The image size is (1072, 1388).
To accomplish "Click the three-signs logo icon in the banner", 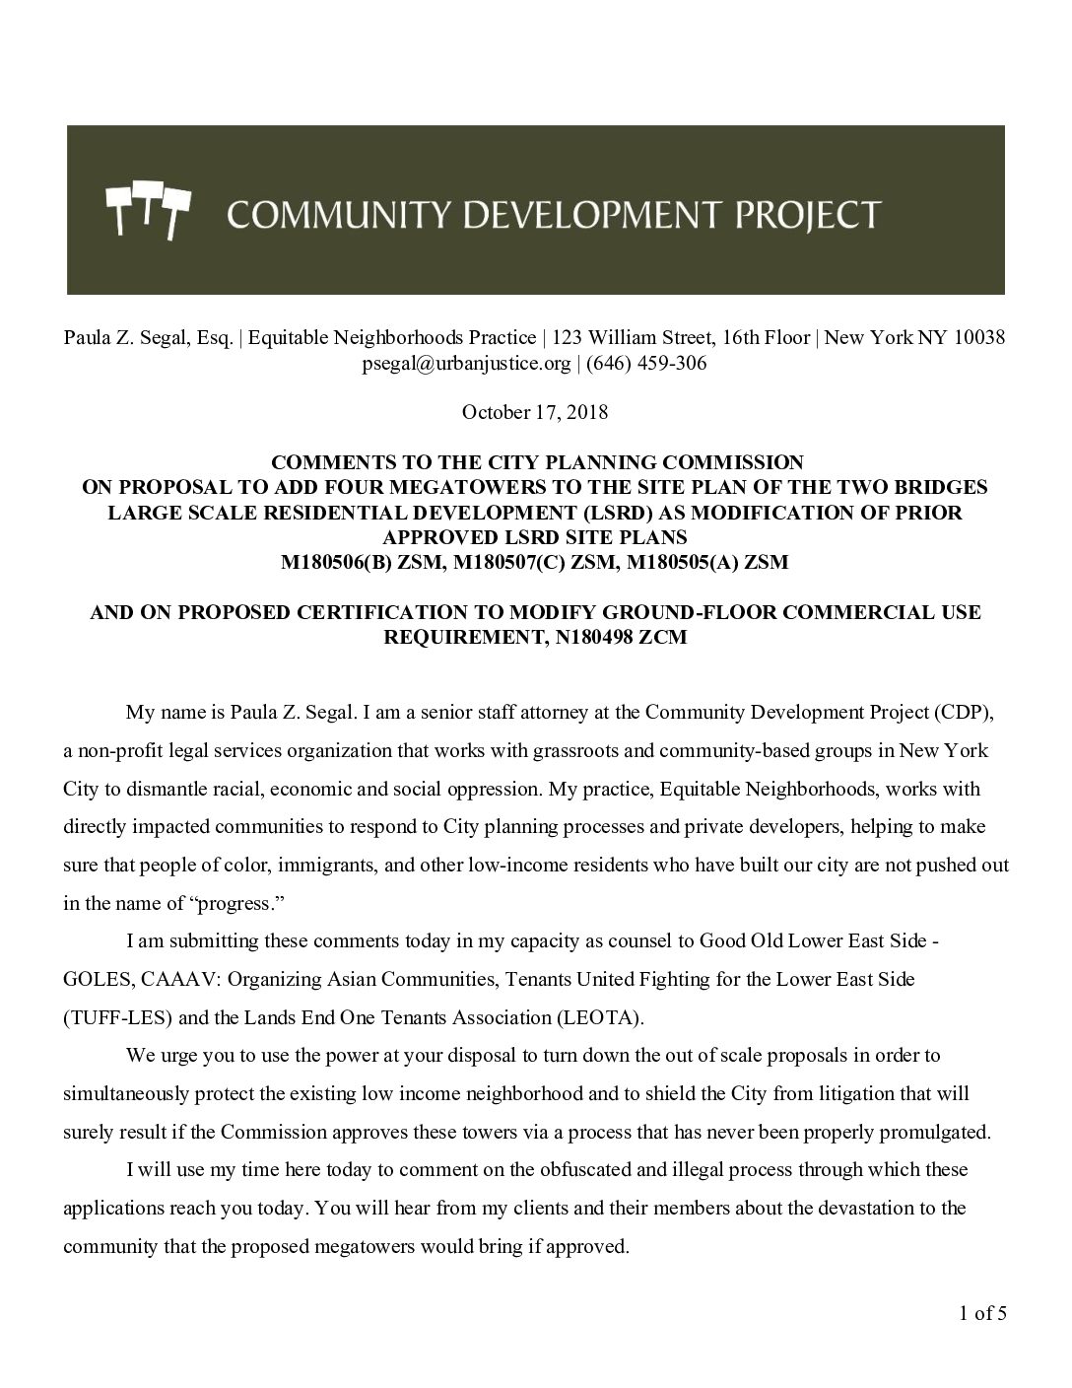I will (x=147, y=209).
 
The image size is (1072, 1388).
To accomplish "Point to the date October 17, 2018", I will (x=535, y=412).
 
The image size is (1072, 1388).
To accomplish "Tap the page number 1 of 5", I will (x=982, y=1313).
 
